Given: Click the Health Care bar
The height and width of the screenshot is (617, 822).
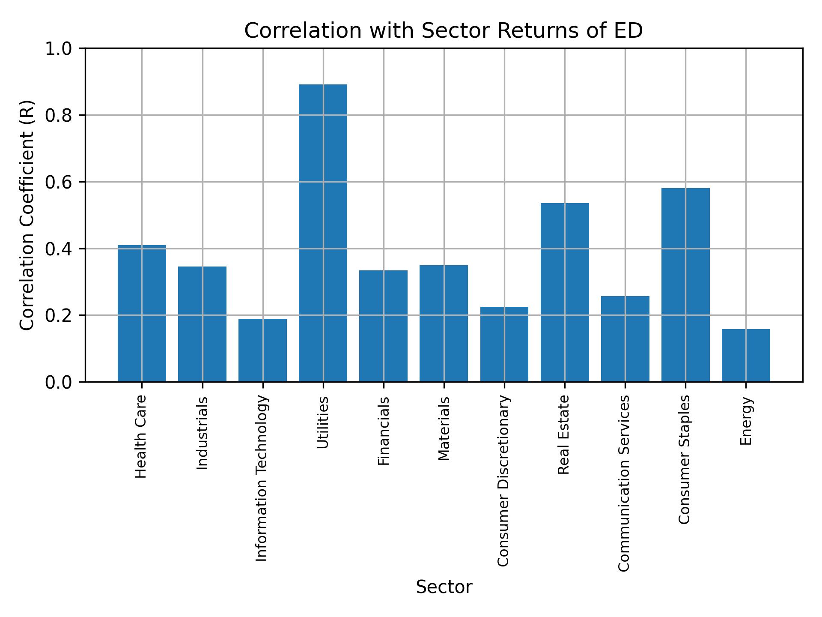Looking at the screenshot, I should [142, 313].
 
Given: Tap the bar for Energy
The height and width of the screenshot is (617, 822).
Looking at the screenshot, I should [746, 355].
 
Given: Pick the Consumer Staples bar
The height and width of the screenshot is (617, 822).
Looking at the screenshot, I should [685, 285].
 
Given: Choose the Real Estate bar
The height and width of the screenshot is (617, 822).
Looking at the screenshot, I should [565, 292].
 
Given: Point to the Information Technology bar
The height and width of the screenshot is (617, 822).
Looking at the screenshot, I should [262, 350].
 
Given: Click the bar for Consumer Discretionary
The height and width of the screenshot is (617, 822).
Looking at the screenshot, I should [504, 344].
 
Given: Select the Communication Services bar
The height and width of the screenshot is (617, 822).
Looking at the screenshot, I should [625, 338].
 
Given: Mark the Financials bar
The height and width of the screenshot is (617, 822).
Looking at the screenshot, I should [383, 326].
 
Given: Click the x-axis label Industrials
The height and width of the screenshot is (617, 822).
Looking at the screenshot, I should [202, 433].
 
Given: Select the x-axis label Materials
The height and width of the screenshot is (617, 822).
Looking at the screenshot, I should [444, 428].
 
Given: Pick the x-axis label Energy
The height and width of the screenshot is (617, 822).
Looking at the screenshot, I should [746, 421].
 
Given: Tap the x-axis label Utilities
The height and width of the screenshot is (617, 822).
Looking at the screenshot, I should [323, 422].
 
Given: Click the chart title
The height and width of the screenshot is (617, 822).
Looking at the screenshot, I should [444, 31].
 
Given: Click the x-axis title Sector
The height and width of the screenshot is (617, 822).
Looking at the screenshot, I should [444, 587].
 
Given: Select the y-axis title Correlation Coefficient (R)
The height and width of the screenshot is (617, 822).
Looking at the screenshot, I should [27, 215].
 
